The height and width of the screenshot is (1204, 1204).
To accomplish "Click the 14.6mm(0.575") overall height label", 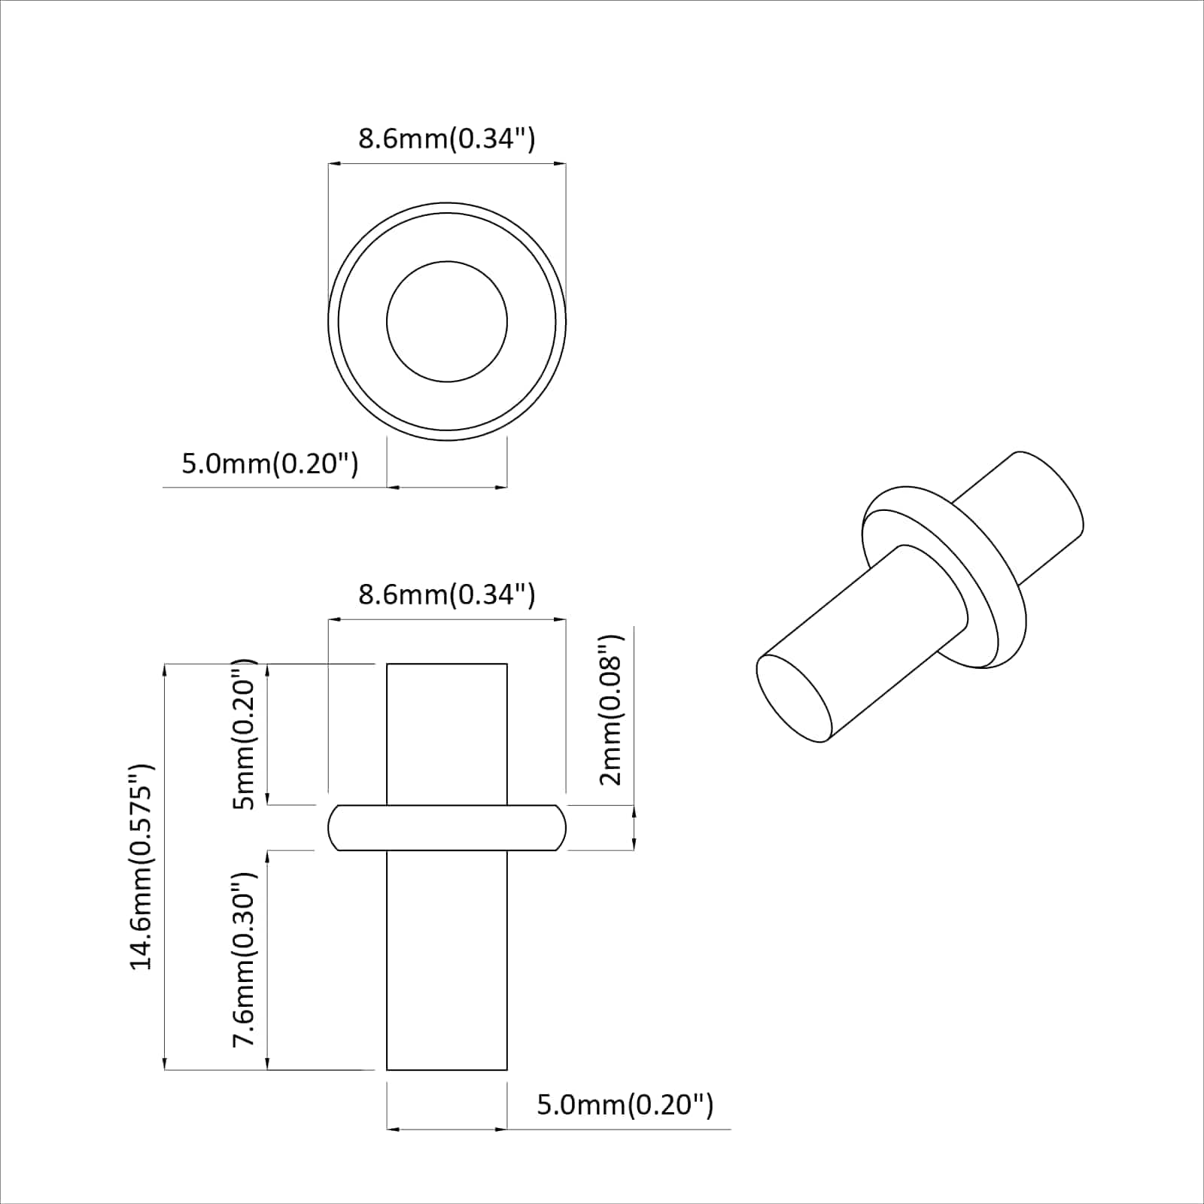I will [x=141, y=866].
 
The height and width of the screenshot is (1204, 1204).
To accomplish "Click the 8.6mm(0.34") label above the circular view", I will [x=446, y=138].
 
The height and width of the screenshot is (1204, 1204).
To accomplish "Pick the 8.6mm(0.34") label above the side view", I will [x=446, y=594].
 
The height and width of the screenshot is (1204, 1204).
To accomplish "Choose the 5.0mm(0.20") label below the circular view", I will [x=270, y=464].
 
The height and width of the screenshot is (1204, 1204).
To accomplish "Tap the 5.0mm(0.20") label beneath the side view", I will [x=625, y=1105].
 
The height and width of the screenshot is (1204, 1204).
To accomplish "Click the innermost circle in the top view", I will [x=447, y=321].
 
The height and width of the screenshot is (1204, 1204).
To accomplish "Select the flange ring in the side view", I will [x=447, y=828].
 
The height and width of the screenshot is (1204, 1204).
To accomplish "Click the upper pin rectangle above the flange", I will [x=447, y=734].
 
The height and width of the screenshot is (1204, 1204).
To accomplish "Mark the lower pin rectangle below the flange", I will [x=447, y=959].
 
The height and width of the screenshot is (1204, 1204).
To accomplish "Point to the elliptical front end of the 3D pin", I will [x=794, y=698].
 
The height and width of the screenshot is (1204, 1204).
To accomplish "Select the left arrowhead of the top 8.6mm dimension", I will [x=333, y=163].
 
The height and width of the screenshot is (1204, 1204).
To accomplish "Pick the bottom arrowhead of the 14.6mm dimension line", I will [x=164, y=1065].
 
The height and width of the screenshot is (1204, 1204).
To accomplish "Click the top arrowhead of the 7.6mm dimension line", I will [x=267, y=856].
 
